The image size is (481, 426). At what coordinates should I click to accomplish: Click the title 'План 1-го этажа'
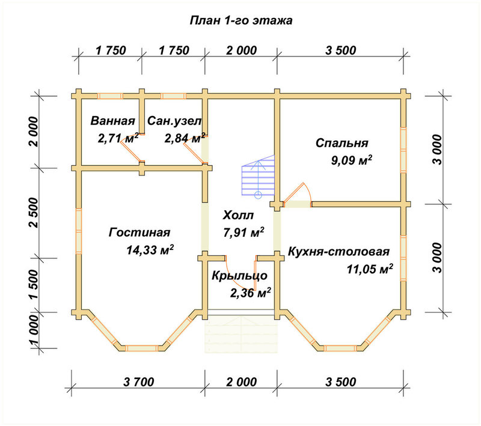coord(241,20)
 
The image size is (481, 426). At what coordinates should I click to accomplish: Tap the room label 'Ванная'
coord(112,121)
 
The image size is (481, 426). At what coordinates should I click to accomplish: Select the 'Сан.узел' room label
coord(174,121)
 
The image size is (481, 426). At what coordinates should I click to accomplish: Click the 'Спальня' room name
coord(342,143)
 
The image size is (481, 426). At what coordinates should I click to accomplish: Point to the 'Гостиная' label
coord(139,233)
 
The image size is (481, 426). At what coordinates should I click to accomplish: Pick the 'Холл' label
coord(238,215)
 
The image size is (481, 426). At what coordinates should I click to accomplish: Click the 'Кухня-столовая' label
coord(339,252)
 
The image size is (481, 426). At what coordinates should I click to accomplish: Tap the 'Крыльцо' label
coord(239,276)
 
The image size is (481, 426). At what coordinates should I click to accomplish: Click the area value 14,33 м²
coord(150,250)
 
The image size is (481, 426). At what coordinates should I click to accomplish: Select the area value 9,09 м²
coord(352,160)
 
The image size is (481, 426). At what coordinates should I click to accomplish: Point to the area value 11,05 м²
coord(370,269)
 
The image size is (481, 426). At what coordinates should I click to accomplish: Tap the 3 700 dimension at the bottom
coord(139,382)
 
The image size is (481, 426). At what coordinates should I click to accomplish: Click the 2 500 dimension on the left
coord(34,212)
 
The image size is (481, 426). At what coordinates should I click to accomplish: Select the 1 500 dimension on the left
coord(34,284)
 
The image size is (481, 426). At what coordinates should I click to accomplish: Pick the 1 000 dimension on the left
coord(34,330)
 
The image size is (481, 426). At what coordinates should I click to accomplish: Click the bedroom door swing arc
coord(308,192)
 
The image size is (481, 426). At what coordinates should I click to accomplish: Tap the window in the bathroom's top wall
coord(110,96)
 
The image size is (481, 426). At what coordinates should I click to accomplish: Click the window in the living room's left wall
coord(79,231)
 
